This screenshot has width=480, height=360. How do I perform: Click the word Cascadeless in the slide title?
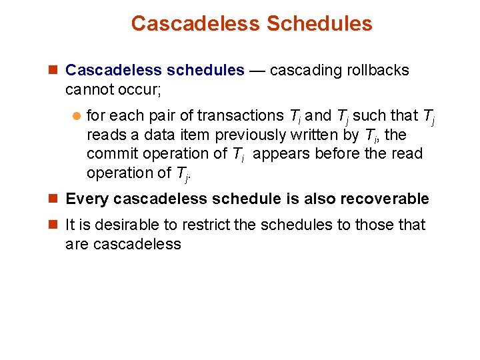pyautogui.click(x=195, y=23)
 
